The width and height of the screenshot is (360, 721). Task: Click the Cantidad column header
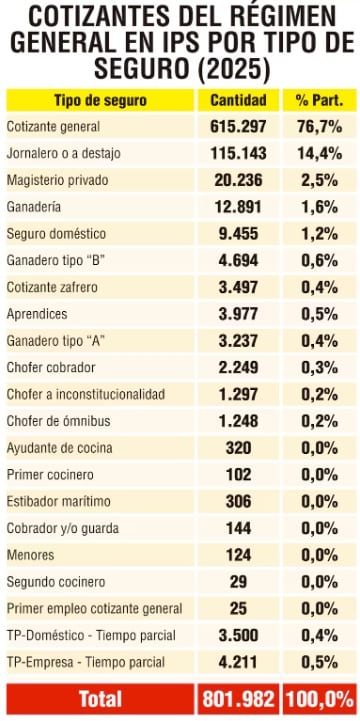coord(238,100)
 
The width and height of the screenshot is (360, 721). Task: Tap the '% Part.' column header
coord(320,100)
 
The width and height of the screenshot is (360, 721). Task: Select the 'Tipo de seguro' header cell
coord(101,100)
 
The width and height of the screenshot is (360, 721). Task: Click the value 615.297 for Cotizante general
coord(238,126)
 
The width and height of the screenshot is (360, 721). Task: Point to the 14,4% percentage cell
coord(320,153)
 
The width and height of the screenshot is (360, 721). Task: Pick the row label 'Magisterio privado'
coord(57,180)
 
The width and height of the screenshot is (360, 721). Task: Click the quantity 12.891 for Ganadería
coord(238,207)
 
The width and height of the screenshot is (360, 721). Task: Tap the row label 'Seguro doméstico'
coord(56,234)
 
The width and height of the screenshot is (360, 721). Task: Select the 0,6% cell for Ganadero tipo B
coord(320,260)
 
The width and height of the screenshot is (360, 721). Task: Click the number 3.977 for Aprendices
coord(238,314)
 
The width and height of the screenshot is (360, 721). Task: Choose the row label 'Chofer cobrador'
coord(51,367)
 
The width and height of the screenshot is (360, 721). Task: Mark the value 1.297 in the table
coord(238,394)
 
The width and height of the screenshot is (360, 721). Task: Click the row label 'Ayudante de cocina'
coord(59,447)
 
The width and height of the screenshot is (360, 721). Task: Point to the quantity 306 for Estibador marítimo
coord(238,501)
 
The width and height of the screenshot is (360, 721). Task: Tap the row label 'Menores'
coord(30,555)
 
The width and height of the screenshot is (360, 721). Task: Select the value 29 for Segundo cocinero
coord(238,582)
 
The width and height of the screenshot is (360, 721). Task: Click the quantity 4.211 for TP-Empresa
coord(238,662)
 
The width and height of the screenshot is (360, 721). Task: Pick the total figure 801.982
coord(238,699)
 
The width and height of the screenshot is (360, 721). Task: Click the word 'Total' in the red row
coord(101,699)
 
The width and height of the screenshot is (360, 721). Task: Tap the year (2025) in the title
coord(231,69)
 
